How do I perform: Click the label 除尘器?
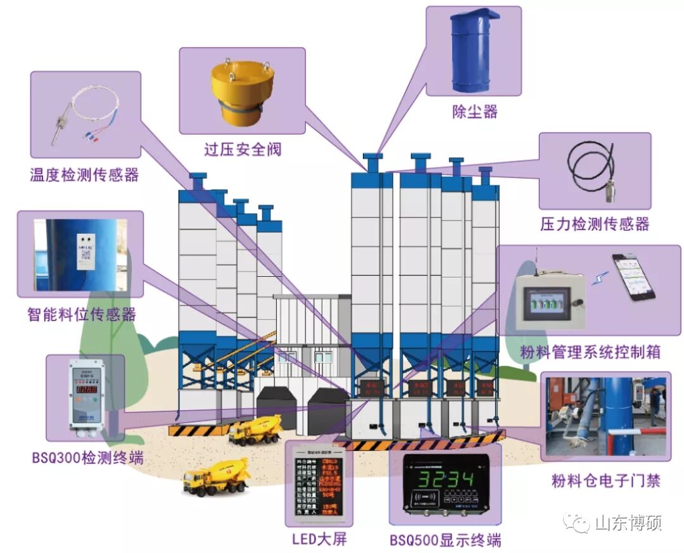(x=474, y=112)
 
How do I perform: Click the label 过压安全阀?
(x=242, y=149)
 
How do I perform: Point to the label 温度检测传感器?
(x=84, y=174)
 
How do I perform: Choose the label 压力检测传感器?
(x=595, y=224)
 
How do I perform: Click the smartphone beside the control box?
(x=633, y=277)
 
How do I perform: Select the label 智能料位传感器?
(x=82, y=314)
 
